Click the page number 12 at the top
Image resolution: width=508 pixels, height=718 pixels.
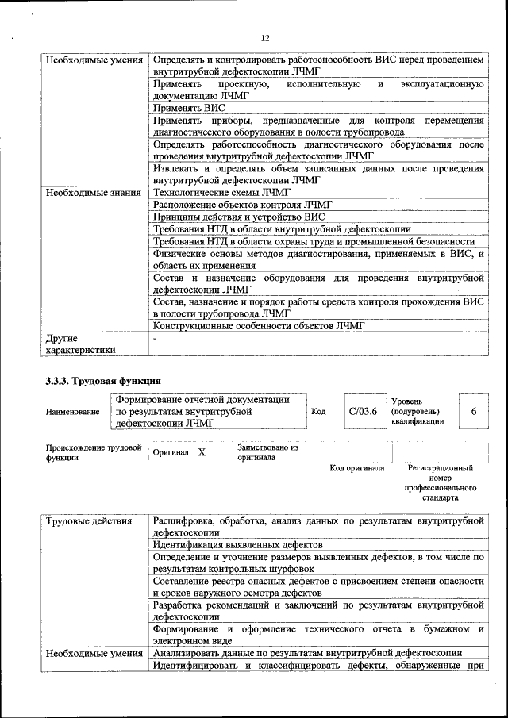tap(264, 38)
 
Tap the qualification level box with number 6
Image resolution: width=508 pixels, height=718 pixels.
tap(473, 412)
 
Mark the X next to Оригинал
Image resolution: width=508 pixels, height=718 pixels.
tap(201, 451)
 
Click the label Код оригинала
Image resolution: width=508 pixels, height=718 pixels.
tap(356, 468)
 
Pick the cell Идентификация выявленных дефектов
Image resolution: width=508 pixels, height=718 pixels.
tap(237, 546)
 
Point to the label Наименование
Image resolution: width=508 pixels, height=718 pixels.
tap(73, 412)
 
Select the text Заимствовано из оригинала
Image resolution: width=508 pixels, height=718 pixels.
tap(267, 451)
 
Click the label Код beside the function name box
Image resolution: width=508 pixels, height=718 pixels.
tap(318, 412)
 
